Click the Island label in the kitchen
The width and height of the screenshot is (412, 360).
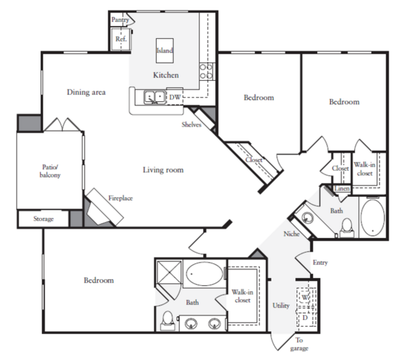[x=165, y=50]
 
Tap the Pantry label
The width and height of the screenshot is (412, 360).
[x=120, y=19]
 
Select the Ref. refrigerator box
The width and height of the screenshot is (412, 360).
[x=121, y=39]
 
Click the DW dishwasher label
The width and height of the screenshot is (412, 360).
[x=175, y=97]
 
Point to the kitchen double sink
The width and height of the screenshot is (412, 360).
[x=155, y=97]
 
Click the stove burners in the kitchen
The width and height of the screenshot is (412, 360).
[x=206, y=72]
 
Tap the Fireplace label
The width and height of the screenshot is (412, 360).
[x=121, y=198]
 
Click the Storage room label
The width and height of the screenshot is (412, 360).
[x=44, y=219]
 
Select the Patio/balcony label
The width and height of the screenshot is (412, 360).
[x=50, y=171]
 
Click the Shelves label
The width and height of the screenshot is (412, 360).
[x=191, y=125]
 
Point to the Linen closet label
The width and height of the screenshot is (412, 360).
[x=342, y=188]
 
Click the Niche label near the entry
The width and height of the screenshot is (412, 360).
[x=291, y=234]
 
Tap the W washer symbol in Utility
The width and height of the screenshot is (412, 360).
[x=305, y=297]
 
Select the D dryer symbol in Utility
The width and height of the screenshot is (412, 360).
[x=305, y=317]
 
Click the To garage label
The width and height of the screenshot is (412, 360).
[x=299, y=344]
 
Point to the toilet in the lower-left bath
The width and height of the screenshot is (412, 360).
[x=168, y=321]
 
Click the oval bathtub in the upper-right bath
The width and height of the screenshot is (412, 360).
[x=373, y=217]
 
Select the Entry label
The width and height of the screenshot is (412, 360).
[x=320, y=263]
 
